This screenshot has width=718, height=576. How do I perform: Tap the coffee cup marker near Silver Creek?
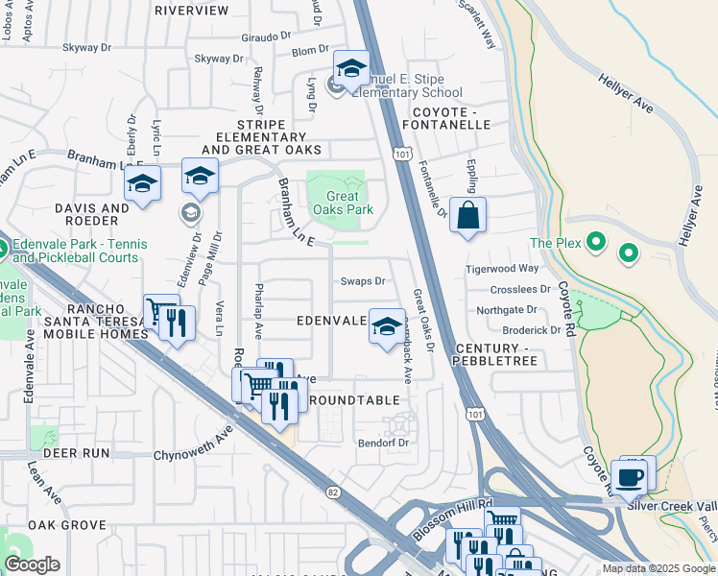point(629,477)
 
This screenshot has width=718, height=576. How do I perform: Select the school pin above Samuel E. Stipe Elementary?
point(351,69)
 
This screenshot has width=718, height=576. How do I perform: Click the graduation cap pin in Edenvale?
point(387,327)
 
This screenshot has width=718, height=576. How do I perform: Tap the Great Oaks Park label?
point(336,204)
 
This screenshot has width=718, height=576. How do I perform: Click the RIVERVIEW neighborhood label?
point(192,11)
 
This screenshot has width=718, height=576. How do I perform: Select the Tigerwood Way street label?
point(502,269)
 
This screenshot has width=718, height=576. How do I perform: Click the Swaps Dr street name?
point(363,281)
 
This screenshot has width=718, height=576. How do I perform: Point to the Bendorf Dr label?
point(383,443)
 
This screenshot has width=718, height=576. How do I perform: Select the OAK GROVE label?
point(66,525)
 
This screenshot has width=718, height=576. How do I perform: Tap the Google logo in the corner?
point(32,564)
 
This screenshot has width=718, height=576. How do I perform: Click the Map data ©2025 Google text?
point(659,568)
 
